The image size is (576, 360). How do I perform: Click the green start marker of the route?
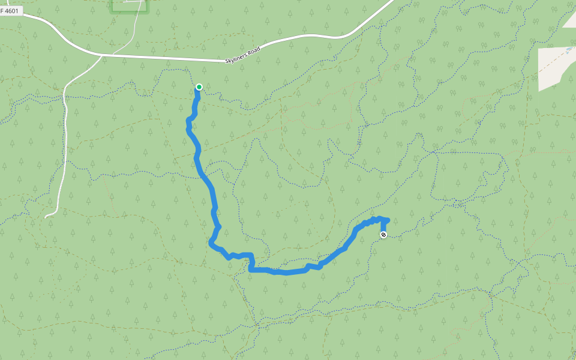point(199,87)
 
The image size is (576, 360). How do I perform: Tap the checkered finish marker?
point(383,235)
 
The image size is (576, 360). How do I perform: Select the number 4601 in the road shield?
point(11,11)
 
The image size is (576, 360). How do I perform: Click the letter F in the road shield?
point(2,11)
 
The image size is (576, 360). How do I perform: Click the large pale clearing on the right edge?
point(555,66)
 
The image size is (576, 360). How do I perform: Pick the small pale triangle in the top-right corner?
point(570,21)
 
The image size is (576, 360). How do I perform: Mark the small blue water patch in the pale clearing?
point(566,50)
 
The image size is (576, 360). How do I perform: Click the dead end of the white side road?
point(46,217)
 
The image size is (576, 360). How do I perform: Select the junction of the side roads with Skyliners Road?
point(101,55)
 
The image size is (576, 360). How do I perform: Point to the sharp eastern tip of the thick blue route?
point(388,220)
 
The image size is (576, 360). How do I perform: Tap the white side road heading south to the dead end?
point(62,150)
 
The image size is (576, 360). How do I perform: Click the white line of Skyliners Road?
point(168,58)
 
